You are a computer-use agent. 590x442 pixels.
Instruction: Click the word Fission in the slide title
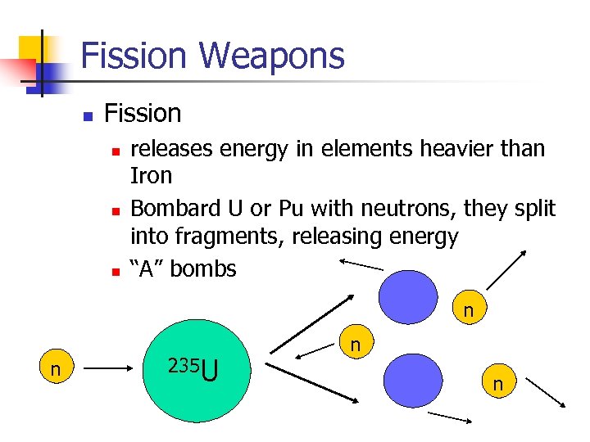135,56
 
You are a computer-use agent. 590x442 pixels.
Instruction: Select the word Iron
152,176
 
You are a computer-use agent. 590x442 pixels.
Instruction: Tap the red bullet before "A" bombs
116,270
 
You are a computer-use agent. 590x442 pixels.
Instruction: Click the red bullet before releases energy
116,151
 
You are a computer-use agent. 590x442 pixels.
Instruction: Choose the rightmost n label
497,384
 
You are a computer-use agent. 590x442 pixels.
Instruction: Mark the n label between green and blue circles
355,345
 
